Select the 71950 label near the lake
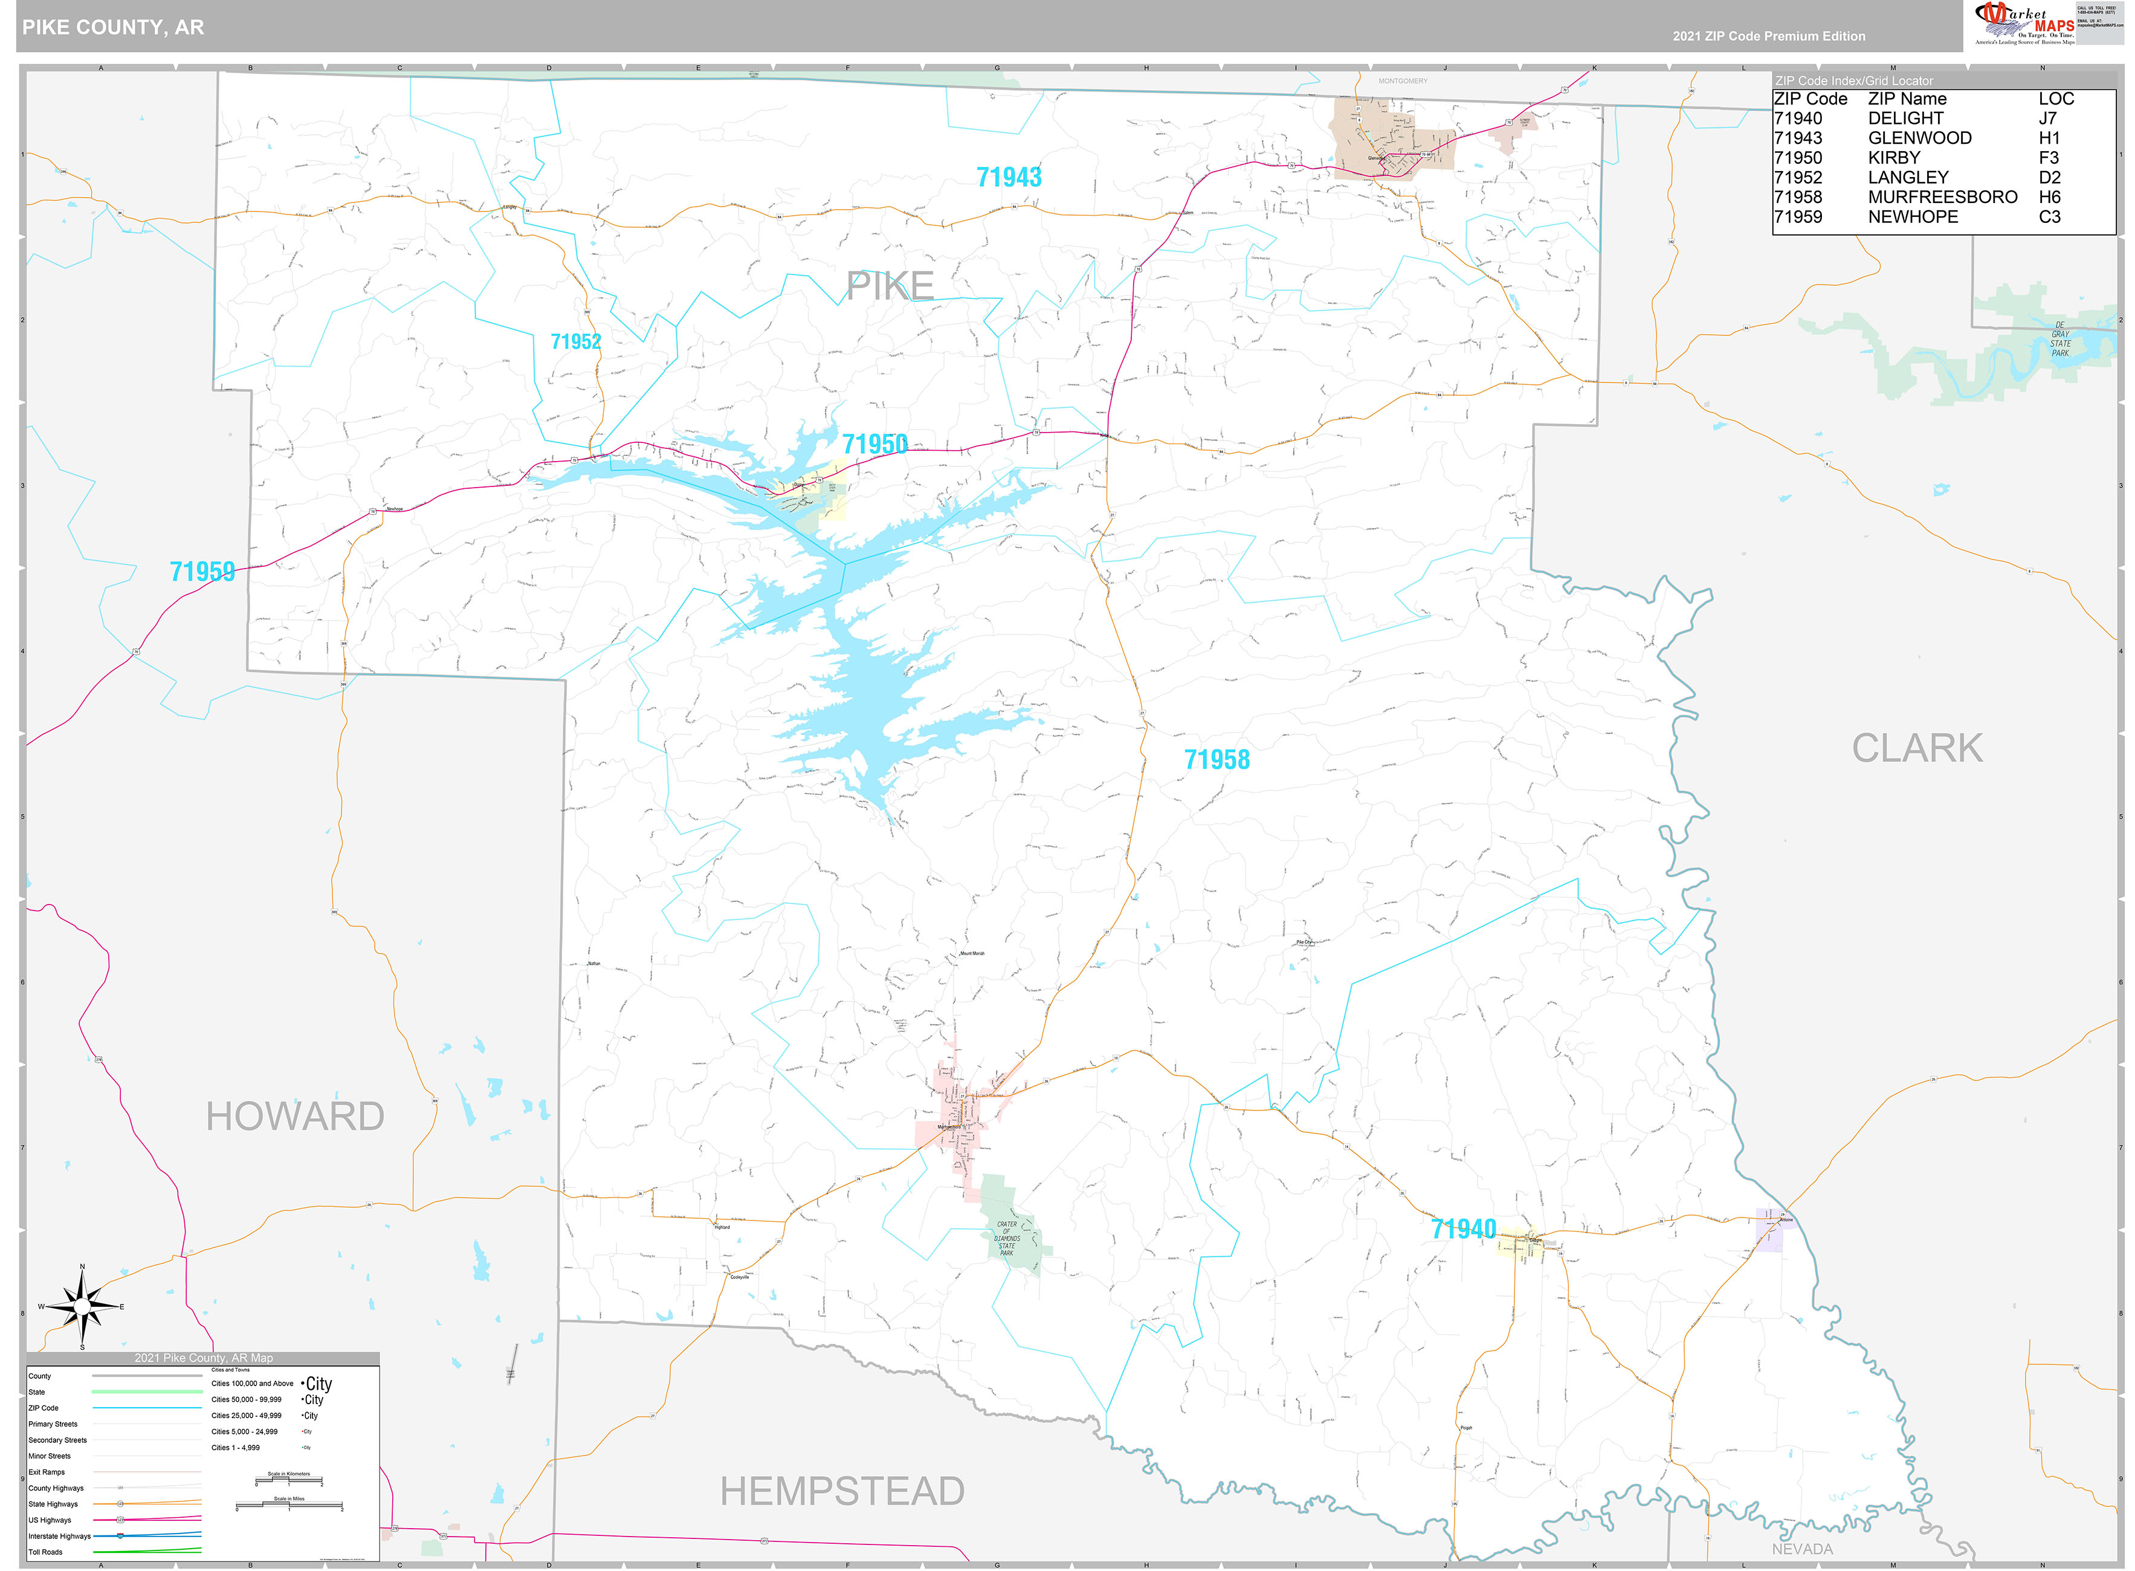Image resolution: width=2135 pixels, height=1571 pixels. pos(874,444)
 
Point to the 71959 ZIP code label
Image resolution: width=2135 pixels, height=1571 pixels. pos(202,572)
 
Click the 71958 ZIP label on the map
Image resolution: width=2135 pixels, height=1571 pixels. pos(1216,760)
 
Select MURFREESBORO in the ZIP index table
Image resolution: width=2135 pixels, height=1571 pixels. pos(1942,197)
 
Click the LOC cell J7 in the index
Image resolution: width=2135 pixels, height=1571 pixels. pos(2047,118)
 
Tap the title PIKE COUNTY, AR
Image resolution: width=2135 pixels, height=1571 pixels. pos(113,27)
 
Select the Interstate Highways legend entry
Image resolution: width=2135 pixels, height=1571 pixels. pos(59,1536)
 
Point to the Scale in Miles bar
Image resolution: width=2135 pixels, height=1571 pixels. pos(289,1505)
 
